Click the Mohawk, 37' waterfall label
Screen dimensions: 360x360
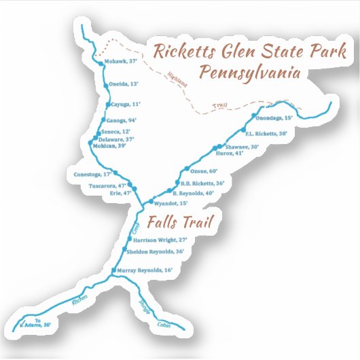123,62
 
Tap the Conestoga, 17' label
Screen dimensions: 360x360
92,174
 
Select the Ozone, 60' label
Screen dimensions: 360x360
204,170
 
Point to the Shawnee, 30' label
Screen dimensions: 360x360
241,146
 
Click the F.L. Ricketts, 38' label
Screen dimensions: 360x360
266,133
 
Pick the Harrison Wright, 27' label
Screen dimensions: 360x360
160,240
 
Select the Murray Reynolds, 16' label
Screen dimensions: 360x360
145,270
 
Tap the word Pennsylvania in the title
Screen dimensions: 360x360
250,72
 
